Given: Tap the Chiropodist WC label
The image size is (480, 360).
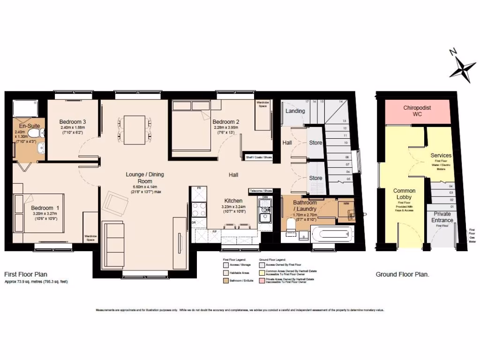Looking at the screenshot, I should (418, 111).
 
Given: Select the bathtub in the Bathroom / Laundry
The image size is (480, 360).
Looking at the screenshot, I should (333, 233).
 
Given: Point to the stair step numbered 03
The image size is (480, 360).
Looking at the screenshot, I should (439, 193).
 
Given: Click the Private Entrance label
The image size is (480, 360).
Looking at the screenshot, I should (442, 217).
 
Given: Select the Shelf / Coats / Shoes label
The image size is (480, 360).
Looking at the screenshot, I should (259, 157).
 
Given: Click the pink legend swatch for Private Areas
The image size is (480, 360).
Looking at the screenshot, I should (261, 280).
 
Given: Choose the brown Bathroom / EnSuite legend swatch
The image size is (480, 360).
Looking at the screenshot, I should (225, 280).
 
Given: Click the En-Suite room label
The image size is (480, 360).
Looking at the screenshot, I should (30, 126).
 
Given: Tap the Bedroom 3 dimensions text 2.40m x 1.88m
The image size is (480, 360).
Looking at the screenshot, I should (72, 127).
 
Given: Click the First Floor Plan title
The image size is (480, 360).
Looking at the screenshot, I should (26, 274).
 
